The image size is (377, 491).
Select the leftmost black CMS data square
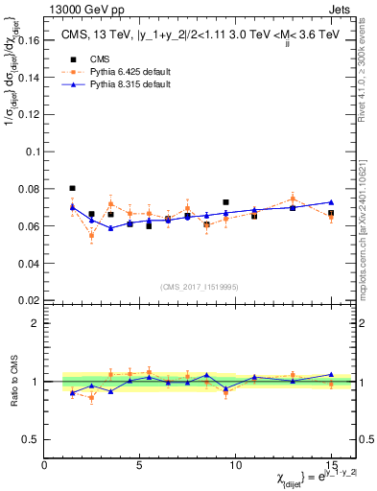tap(73, 189)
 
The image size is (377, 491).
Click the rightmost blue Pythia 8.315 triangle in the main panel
tap(331, 202)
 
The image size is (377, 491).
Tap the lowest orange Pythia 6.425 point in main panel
tap(92, 235)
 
